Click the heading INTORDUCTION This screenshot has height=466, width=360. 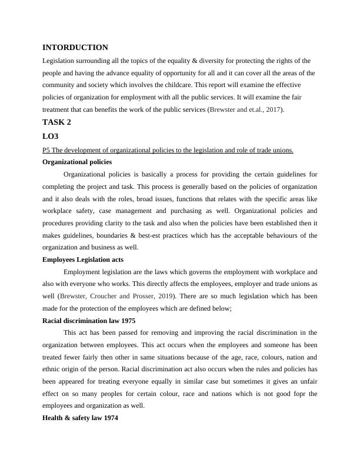[x=75, y=47]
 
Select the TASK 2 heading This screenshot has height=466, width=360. [x=61, y=122]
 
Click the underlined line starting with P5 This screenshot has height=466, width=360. [x=168, y=150]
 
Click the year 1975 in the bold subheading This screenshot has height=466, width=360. [x=128, y=321]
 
